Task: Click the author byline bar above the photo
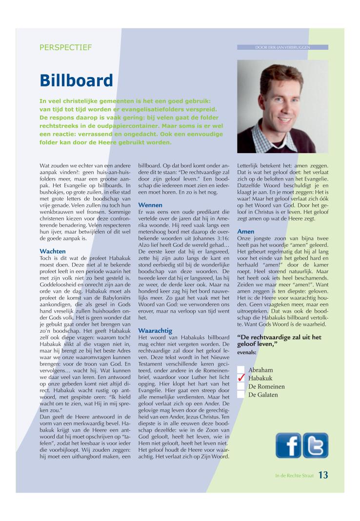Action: click(x=282, y=47)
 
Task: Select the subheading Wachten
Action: click(x=53, y=251)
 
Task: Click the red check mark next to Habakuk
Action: click(x=240, y=379)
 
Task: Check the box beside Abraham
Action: click(x=240, y=370)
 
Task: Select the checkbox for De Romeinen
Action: click(x=240, y=386)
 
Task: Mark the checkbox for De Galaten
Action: click(x=240, y=395)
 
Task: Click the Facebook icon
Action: click(x=288, y=445)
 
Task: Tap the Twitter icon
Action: click(x=315, y=445)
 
